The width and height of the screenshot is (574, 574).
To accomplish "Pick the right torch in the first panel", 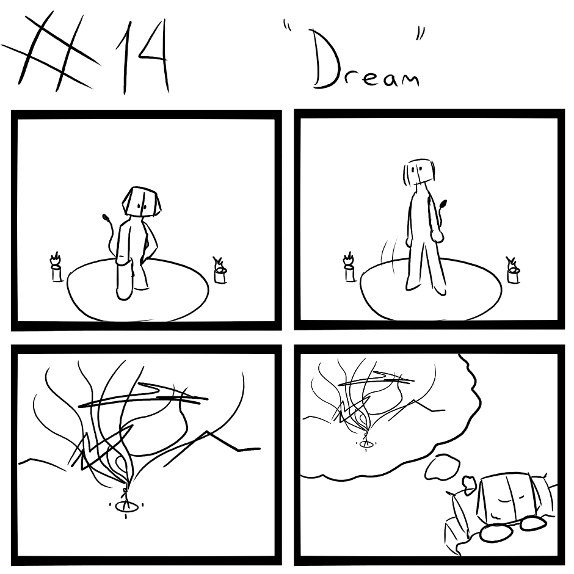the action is pos(220,270).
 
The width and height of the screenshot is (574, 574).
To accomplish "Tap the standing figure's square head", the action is pos(418,172).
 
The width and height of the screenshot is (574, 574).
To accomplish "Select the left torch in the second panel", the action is pos(349,267).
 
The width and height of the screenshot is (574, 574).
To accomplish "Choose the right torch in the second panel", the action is pos(513,270).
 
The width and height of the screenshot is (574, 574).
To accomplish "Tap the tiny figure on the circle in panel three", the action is pos(125,497).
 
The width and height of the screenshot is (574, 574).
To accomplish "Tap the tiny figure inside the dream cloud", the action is pos(365,438).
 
